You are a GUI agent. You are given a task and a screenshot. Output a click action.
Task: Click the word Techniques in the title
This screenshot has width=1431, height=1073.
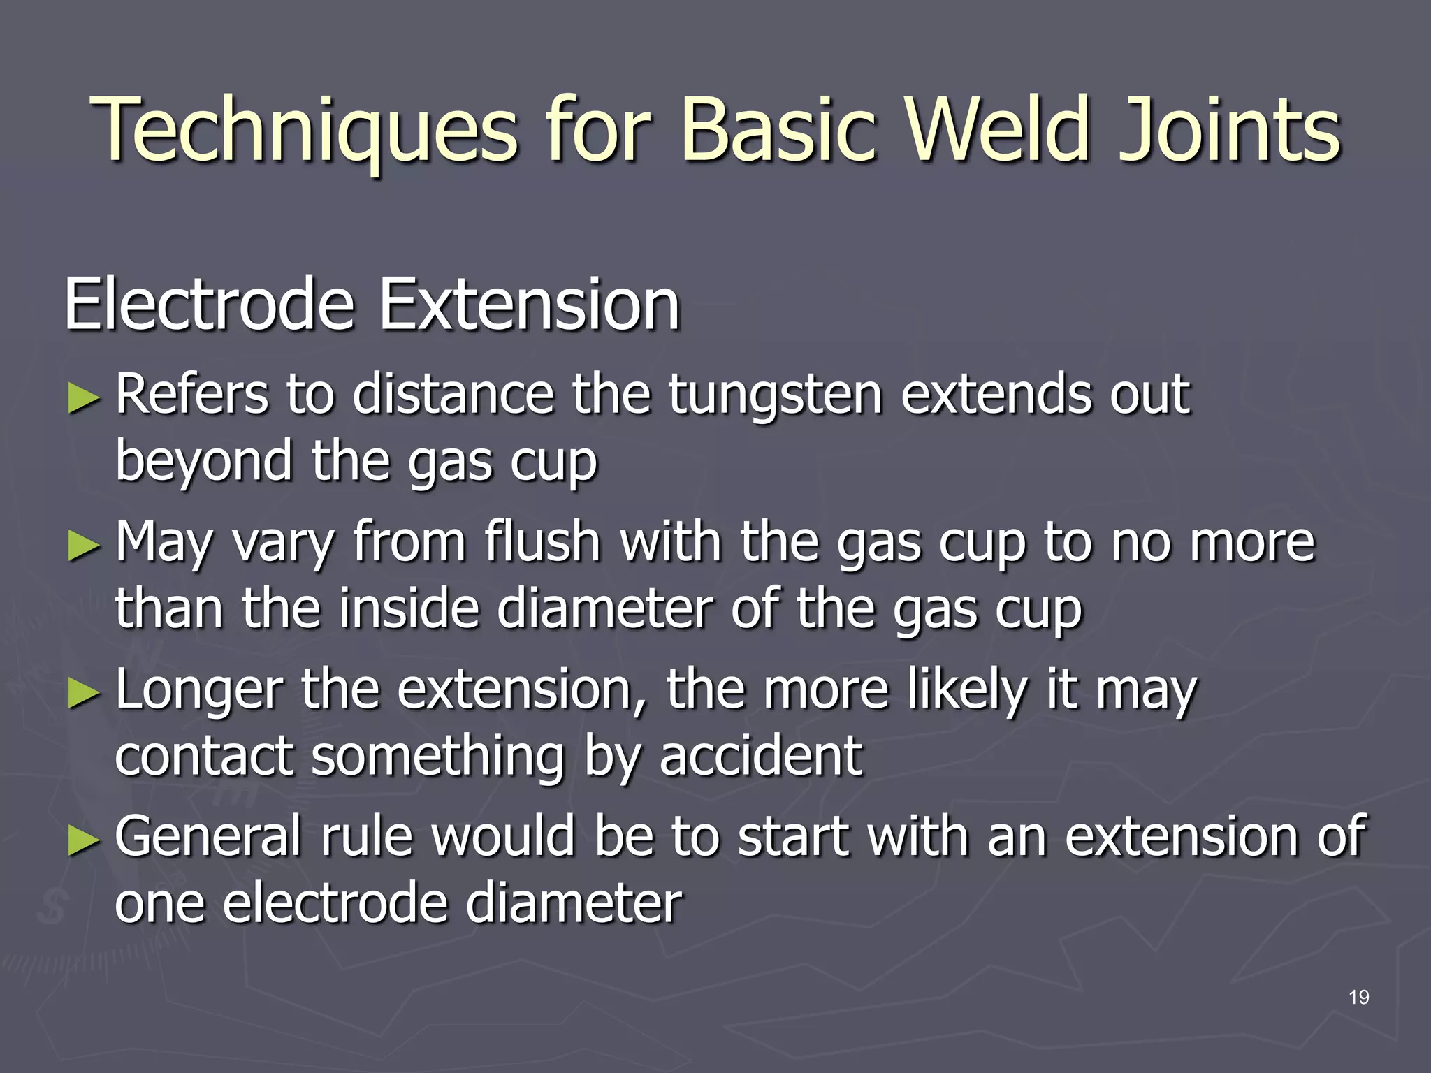tap(304, 131)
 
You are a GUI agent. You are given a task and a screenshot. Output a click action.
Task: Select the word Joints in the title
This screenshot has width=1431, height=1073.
tap(1229, 131)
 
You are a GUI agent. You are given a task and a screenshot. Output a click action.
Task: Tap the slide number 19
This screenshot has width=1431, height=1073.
tap(1358, 997)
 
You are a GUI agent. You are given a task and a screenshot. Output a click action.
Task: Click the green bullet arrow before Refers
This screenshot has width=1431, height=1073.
tap(85, 399)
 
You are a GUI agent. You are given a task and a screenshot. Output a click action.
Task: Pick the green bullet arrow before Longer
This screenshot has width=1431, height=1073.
tap(85, 694)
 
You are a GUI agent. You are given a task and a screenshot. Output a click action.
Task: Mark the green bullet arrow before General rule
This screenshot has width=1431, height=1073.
tap(85, 841)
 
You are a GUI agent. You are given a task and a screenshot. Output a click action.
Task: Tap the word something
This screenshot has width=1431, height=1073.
tap(437, 757)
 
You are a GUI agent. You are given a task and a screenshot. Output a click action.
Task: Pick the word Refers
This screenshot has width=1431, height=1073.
tap(191, 395)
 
